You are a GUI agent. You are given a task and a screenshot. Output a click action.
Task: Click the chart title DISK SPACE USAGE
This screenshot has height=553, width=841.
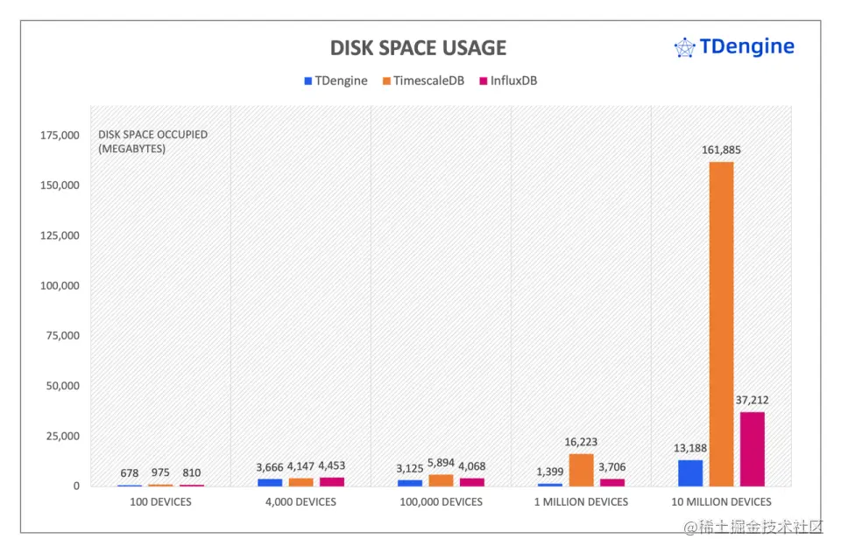coord(418,47)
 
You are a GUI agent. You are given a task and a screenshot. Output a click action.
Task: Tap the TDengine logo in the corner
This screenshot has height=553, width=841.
coord(734,46)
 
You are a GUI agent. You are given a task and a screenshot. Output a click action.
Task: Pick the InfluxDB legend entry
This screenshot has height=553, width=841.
coord(507,80)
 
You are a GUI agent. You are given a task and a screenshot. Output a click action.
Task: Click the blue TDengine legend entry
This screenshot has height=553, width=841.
coord(336,80)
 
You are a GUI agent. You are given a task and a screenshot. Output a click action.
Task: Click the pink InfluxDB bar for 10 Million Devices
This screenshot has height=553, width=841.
coord(753,449)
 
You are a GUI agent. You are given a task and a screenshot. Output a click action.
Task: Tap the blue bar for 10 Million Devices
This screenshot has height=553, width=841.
coord(690,472)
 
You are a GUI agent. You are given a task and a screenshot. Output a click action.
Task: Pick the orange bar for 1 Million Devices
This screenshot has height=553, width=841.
coord(581,470)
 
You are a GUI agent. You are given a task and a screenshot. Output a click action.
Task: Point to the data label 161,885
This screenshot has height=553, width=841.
coord(721,150)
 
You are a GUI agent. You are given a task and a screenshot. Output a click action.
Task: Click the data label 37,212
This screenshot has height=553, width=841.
coord(753,400)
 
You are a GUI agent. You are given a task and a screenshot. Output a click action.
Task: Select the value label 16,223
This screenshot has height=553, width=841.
coord(581,442)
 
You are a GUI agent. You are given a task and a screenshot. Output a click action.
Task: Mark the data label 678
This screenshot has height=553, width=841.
coord(130,472)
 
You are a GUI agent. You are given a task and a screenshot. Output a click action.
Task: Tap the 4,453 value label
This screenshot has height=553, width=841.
coord(332,466)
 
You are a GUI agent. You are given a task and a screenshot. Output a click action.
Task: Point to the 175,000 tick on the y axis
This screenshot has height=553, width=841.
coord(60,136)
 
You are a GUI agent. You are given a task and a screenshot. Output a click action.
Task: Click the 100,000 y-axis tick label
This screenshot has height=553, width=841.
coord(60,286)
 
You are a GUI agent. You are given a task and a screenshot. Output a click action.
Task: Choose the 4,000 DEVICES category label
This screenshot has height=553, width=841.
coord(300,502)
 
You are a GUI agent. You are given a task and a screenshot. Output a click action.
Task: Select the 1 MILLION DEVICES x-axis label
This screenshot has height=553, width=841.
coord(581,502)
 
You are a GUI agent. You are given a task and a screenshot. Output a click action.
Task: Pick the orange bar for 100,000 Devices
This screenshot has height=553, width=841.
coord(441,480)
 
